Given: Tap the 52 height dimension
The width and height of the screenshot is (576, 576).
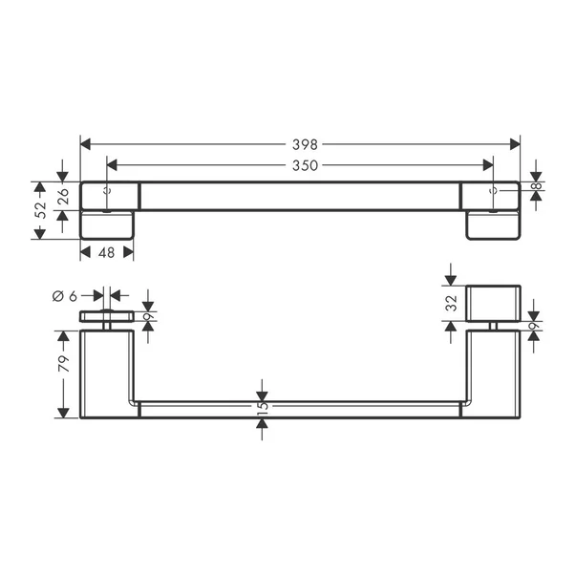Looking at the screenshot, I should pyautogui.click(x=40, y=209).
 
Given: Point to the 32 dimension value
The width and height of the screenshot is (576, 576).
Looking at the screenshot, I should pyautogui.click(x=453, y=304).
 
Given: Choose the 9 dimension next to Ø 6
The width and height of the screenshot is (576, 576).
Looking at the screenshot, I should pyautogui.click(x=148, y=317).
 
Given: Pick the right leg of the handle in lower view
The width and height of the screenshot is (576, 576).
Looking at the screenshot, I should pyautogui.click(x=495, y=373).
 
